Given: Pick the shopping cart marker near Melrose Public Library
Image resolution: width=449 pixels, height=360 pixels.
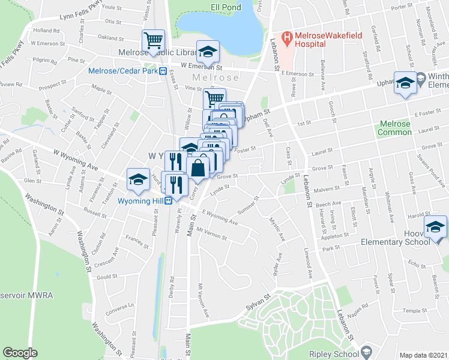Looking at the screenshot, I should tap(153, 41).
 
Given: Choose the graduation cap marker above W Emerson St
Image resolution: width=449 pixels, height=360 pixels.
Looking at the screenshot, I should tap(208, 52).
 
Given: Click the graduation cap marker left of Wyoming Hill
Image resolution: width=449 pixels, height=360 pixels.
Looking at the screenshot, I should tap(138, 179).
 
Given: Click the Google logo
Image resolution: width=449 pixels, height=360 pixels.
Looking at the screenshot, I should tap(20, 353).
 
